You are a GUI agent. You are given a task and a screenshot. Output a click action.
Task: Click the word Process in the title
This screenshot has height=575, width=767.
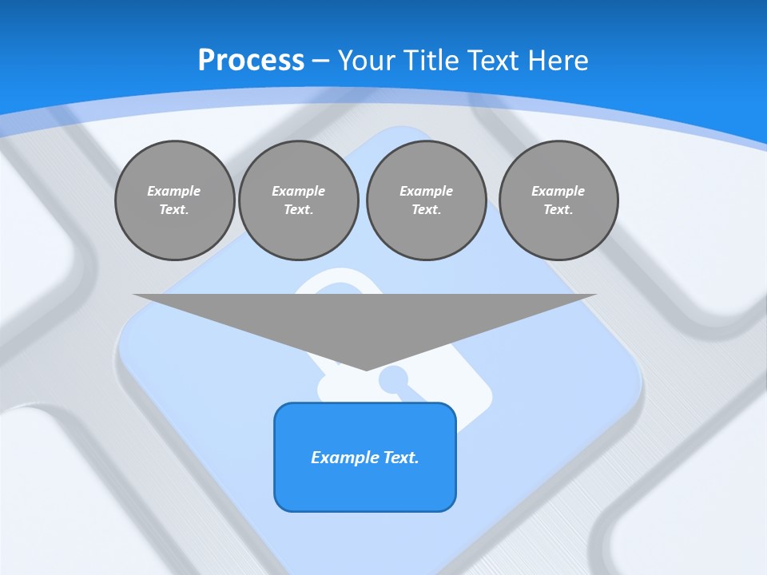[251, 60]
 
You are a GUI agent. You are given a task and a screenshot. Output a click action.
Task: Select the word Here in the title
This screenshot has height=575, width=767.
[557, 60]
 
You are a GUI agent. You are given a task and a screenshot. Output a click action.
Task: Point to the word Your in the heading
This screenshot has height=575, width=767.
[367, 60]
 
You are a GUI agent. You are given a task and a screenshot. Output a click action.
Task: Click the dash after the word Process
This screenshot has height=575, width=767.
[320, 61]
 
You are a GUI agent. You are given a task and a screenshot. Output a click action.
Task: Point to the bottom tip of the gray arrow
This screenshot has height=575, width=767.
[366, 368]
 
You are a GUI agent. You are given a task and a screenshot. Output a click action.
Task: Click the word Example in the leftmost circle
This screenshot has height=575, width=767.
[174, 191]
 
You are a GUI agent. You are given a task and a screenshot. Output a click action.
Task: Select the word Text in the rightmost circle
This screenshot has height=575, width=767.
[558, 209]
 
